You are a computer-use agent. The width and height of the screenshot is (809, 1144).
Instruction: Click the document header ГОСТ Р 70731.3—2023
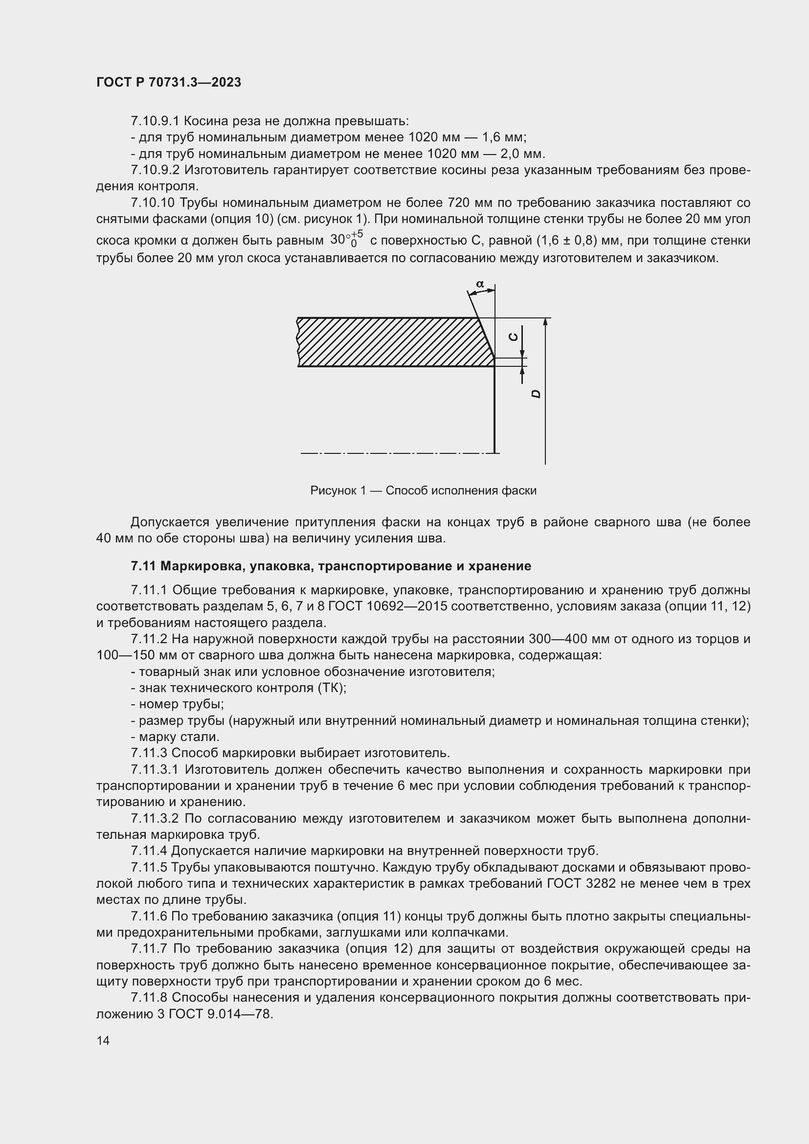point(168,83)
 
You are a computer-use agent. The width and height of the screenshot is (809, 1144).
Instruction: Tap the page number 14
point(103,1040)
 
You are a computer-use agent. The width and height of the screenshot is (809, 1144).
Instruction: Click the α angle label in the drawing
point(480,285)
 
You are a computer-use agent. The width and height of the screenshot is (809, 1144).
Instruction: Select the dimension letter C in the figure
point(513,337)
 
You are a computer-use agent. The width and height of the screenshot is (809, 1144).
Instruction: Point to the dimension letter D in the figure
point(536,394)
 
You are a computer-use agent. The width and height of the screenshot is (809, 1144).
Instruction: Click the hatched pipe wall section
point(388,342)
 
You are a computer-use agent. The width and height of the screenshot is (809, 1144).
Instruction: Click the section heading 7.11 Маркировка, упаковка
point(331,566)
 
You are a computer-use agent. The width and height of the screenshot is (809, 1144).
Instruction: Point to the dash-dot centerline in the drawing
point(394,453)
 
